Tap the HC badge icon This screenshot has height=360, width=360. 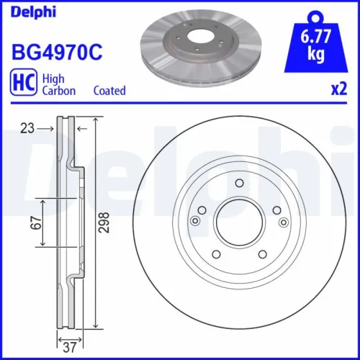[x=23, y=84]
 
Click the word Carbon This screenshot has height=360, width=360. [x=58, y=91]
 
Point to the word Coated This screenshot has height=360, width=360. [x=109, y=91]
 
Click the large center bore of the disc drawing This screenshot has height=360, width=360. [x=238, y=222]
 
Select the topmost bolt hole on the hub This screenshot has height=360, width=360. [x=238, y=184]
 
